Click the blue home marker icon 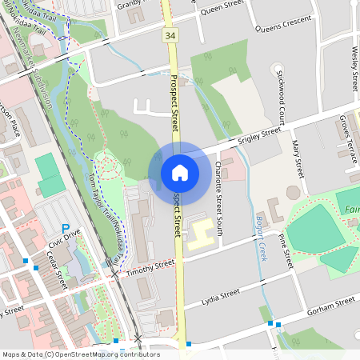pyautogui.click(x=179, y=172)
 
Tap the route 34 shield pyautogui.click(x=169, y=35)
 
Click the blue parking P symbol pyautogui.click(x=66, y=228)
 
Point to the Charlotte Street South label pyautogui.click(x=218, y=191)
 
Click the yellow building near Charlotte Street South pyautogui.click(x=201, y=230)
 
